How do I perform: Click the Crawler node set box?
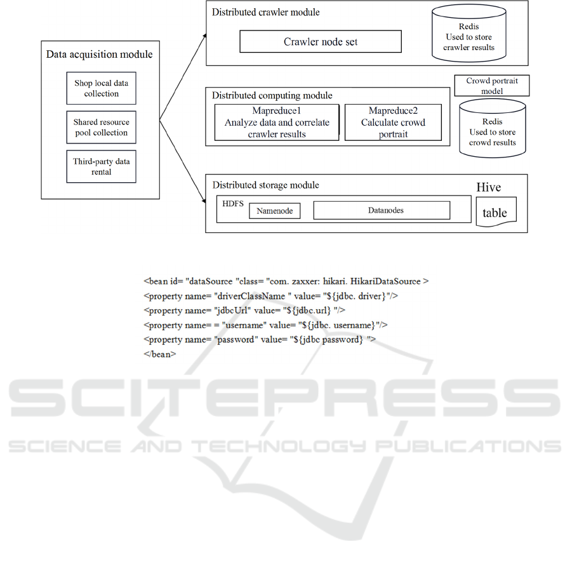pos(321,41)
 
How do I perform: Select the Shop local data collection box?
pos(101,88)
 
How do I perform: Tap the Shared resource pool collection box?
pos(101,127)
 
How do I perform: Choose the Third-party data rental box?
pos(101,166)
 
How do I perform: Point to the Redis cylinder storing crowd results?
pos(493,128)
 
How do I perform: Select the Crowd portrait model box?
pos(492,86)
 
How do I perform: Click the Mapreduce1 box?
pos(277,123)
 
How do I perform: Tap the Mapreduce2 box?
pos(393,123)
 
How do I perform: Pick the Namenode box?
pos(275,211)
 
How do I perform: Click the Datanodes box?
pos(382,210)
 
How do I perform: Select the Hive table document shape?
pos(496,212)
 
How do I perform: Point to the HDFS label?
pos(233,204)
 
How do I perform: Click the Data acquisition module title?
pos(99,55)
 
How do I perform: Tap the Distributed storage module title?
pos(265,185)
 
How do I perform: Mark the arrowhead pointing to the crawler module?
pos(205,35)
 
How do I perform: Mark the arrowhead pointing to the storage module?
pos(204,201)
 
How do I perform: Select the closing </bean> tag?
pos(160,354)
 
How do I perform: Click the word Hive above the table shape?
pos(488,187)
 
